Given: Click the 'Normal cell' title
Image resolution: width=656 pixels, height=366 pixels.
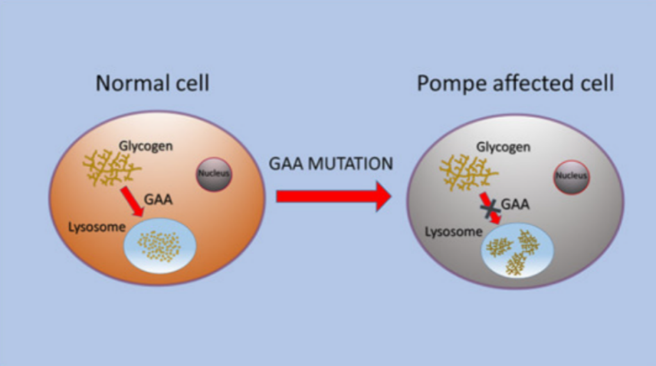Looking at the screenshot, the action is point(152,83).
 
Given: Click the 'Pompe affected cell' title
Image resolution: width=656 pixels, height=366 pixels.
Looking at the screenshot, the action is point(516,83).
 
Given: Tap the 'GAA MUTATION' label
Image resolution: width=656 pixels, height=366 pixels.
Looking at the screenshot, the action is point(331,163).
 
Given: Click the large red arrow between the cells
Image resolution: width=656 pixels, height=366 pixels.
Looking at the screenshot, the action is point(333,196).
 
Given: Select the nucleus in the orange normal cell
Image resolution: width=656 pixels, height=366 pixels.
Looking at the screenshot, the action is point(214,174).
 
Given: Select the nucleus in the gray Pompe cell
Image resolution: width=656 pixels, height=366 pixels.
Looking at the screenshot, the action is point(572,177).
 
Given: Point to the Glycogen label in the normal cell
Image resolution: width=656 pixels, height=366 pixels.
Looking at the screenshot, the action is point(145,146).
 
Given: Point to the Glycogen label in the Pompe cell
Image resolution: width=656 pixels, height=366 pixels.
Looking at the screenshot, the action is point(504,147).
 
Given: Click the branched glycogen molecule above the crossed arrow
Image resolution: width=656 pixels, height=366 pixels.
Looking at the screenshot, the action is point(468,172).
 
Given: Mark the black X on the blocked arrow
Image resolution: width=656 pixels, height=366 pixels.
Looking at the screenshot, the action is point(489,208).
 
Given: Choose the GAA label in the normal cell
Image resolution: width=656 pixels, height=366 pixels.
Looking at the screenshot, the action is point(158,199).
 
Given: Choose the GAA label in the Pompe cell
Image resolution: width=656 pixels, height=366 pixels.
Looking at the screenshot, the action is point(515,204).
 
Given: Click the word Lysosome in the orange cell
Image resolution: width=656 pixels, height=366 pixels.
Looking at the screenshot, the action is point(97,228).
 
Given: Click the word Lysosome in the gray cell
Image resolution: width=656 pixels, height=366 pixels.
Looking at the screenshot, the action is point(454,232).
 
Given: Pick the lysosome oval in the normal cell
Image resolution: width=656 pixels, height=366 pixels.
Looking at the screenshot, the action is point(160,245).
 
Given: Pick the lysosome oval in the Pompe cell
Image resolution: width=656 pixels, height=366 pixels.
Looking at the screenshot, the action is point(518,251).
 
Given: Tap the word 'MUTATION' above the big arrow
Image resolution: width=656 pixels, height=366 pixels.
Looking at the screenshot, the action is point(350,163).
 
